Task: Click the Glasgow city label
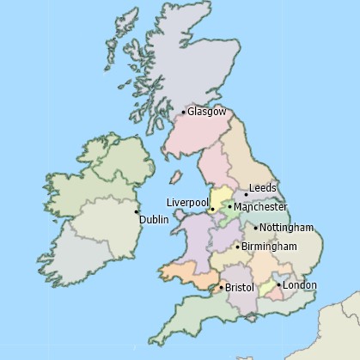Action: click(207, 112)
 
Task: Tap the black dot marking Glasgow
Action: click(184, 112)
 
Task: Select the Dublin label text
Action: click(154, 220)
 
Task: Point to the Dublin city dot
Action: click(137, 211)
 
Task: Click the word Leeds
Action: click(262, 188)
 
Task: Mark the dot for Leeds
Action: click(246, 195)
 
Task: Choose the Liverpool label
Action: click(186, 202)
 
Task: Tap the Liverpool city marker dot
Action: click(211, 209)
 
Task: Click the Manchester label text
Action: click(260, 207)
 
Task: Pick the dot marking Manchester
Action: click(230, 207)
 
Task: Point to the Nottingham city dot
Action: click(256, 228)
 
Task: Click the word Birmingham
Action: click(269, 247)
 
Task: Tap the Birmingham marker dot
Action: click(238, 247)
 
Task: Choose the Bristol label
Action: click(240, 288)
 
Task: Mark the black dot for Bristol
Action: click(221, 287)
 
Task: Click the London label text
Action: click(300, 285)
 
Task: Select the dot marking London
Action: click(278, 285)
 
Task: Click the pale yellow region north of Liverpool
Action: click(221, 195)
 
